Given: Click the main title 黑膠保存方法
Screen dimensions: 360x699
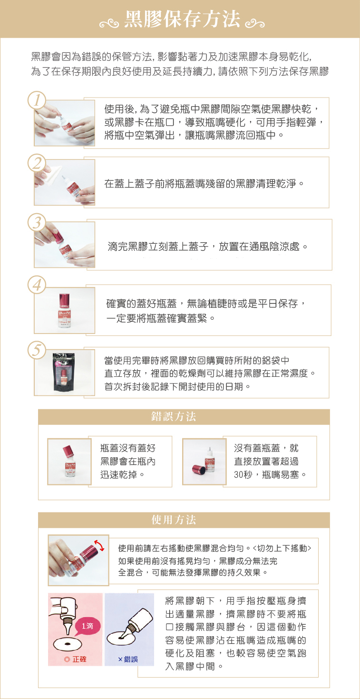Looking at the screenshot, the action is pos(182,20).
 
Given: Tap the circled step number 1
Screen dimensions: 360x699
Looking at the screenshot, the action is pos(37,100).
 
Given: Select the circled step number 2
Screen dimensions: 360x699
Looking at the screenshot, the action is pos(37,163).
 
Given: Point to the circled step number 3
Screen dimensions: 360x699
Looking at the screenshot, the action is pos(37,223).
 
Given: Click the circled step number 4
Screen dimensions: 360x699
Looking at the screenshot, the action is pos(37,285).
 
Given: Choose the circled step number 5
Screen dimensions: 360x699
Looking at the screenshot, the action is pos(37,350).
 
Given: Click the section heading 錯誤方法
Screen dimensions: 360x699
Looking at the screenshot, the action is pos(174,416).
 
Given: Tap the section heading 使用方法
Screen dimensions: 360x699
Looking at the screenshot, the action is pos(174,520).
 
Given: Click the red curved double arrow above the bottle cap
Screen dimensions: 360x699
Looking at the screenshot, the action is pos(99,545).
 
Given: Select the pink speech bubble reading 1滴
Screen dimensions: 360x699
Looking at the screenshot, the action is pos(87,626).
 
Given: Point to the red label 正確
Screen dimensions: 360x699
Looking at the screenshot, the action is pos(76,659).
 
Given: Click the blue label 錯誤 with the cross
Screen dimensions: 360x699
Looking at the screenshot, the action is pos(128,659).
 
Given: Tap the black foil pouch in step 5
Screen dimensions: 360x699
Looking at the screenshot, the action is pos(64,372).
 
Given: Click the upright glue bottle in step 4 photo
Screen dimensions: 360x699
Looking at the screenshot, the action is pos(65,310).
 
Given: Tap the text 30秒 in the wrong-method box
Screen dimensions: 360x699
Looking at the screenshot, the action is pos(243,474).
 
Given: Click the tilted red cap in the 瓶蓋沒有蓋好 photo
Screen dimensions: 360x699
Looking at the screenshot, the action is pos(68,451).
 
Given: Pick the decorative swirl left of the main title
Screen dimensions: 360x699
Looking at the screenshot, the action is pos(109,23).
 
